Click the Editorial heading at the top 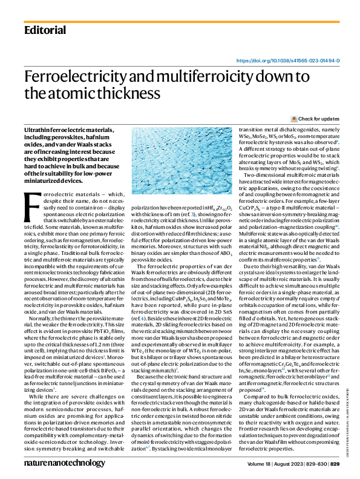pos(45,30)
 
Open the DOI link pos(287,61)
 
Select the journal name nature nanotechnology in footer pos(62,462)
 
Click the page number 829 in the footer pos(335,463)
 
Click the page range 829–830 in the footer pos(315,463)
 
